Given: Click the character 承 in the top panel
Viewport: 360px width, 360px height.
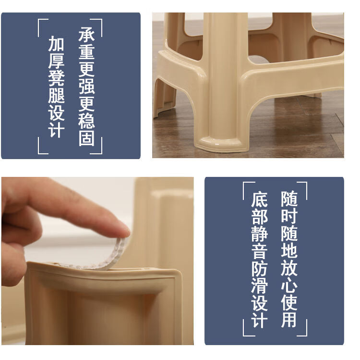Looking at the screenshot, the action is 86,35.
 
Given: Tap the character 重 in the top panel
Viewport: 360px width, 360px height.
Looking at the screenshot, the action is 86,52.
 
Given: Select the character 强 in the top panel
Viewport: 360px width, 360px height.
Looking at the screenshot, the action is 86,87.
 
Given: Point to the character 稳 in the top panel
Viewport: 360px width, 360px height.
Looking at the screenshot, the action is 86,121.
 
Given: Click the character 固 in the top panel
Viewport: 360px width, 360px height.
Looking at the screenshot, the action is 86,138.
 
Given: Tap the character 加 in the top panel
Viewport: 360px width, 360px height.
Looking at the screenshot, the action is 56,43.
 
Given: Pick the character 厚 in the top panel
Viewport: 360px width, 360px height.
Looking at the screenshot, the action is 56,61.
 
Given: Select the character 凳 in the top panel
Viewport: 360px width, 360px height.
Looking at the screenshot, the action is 56,78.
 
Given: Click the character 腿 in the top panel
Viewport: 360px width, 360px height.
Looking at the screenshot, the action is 56,95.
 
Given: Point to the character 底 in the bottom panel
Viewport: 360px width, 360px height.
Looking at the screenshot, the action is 259,199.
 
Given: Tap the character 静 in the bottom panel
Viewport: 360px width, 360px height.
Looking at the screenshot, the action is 259,234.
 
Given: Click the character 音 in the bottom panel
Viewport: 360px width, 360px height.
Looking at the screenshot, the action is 259,251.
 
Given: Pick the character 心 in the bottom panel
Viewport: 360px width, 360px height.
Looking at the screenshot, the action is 289,285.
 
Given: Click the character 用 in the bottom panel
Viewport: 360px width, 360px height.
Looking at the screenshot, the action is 289,319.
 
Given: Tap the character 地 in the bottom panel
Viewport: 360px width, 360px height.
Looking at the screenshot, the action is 289,250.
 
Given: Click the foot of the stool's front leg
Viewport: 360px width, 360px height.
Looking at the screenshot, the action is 222,144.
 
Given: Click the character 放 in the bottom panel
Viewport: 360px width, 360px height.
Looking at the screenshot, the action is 289,267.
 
